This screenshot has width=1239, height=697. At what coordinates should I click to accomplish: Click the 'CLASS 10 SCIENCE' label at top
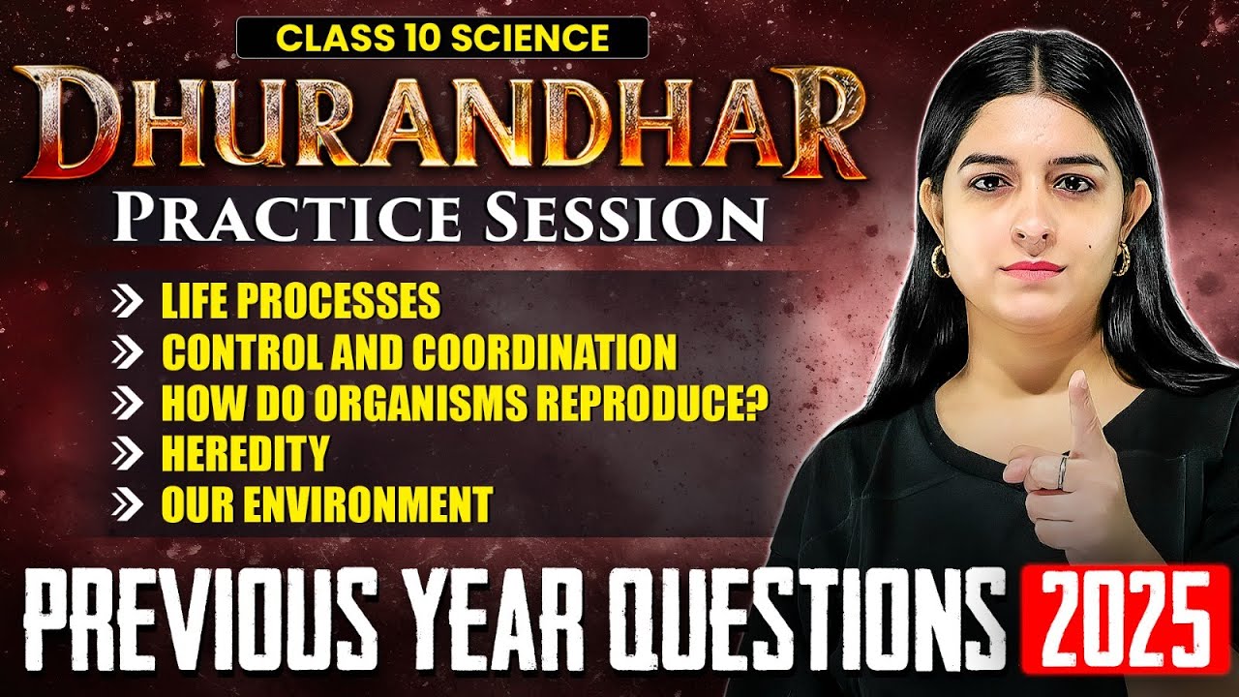point(442,37)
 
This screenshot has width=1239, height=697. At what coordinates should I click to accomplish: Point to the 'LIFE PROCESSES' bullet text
point(300,302)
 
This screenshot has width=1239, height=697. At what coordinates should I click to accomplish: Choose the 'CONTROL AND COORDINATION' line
point(418,352)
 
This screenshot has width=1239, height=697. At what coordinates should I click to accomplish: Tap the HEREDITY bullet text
point(245,453)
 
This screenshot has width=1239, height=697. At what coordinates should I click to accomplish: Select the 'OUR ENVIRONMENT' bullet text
point(326,503)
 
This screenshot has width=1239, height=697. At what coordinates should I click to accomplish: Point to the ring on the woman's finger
point(1062,473)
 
